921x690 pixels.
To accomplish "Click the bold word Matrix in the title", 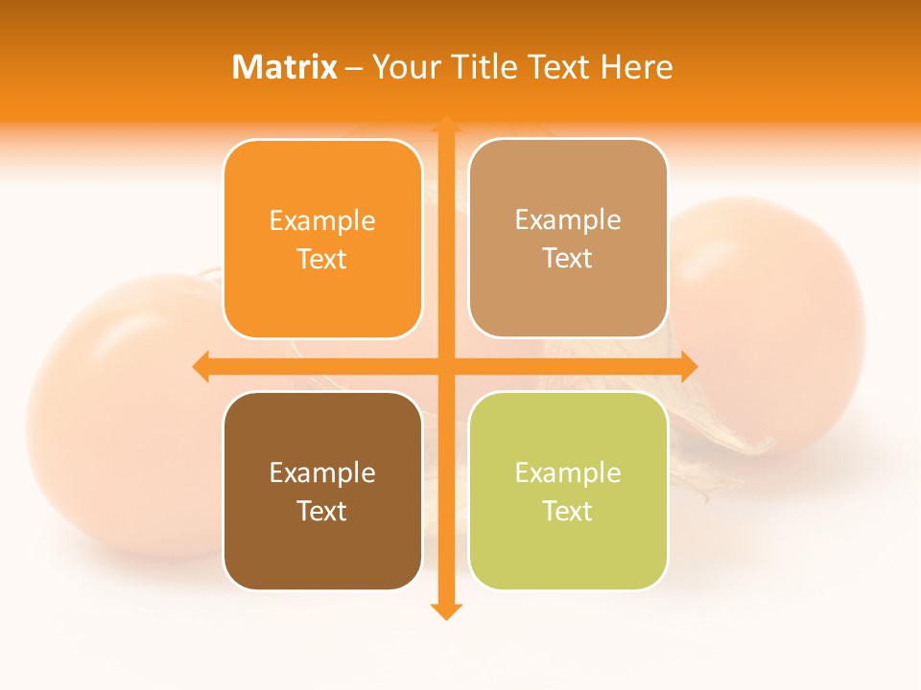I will pyautogui.click(x=284, y=67).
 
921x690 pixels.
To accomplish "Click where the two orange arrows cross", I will pyautogui.click(x=445, y=366).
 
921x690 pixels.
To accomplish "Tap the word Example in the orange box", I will pyautogui.click(x=322, y=220).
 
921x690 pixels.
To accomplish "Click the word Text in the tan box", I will pyautogui.click(x=568, y=259).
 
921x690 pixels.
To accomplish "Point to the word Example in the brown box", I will pyautogui.click(x=322, y=472).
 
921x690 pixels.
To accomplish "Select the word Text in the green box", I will pyautogui.click(x=568, y=511).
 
